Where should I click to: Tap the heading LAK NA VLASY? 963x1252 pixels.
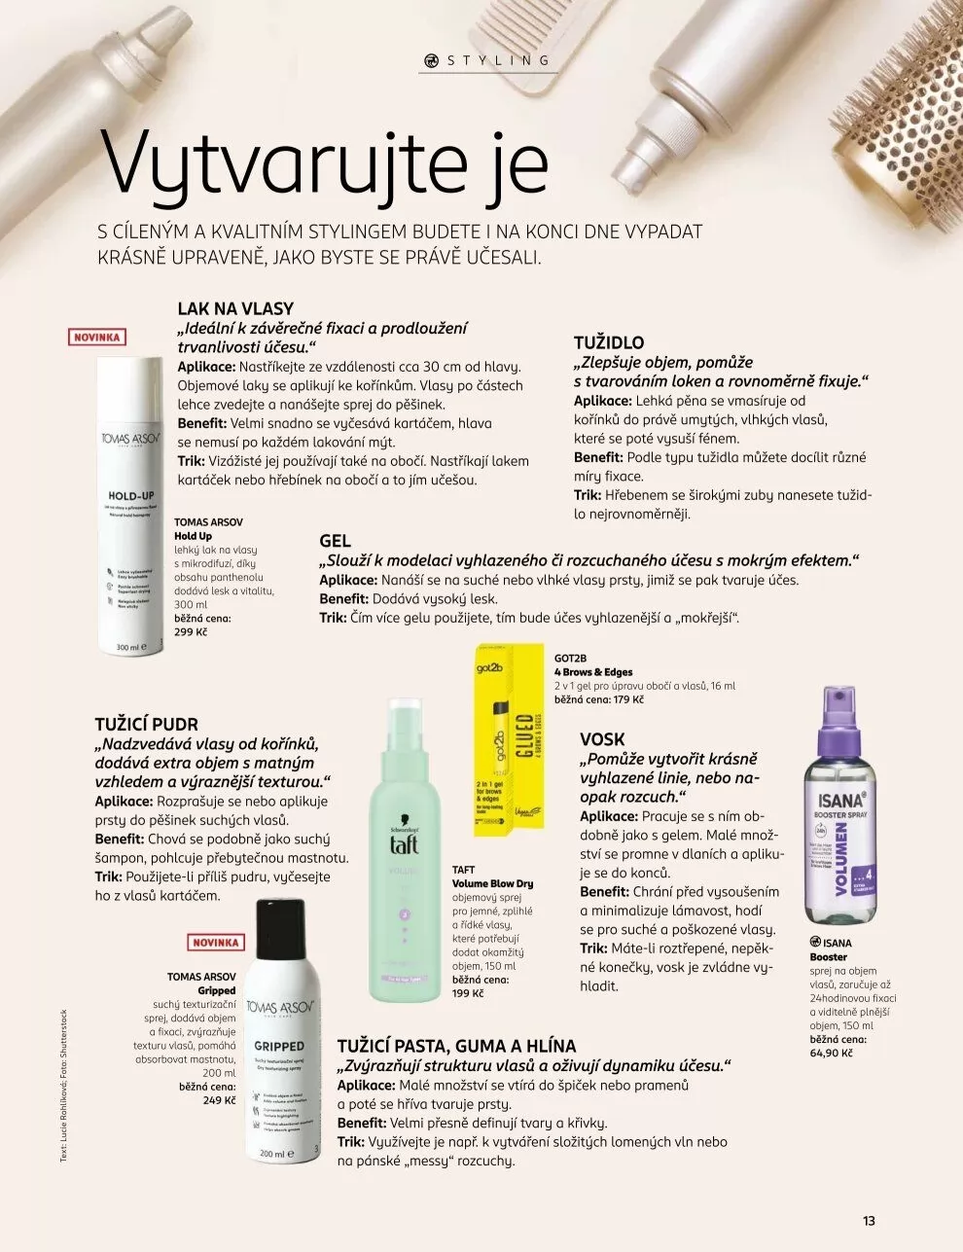click(235, 308)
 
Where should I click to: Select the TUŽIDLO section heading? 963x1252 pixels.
click(609, 342)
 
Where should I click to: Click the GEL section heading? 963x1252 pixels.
click(336, 541)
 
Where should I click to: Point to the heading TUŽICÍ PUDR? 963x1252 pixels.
click(146, 724)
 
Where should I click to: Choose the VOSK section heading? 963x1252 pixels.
click(602, 739)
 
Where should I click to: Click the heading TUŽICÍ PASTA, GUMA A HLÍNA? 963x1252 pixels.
click(456, 1046)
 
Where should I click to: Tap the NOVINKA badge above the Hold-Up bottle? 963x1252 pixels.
click(97, 338)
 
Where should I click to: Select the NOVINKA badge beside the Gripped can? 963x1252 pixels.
click(216, 943)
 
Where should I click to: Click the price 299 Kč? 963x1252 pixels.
click(192, 631)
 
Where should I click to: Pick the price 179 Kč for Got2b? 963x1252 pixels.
click(629, 699)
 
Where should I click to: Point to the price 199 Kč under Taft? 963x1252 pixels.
click(469, 993)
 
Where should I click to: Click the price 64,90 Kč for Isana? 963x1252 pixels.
click(832, 1053)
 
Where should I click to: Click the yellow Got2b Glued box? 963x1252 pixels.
click(509, 739)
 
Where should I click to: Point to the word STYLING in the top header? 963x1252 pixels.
click(499, 60)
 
